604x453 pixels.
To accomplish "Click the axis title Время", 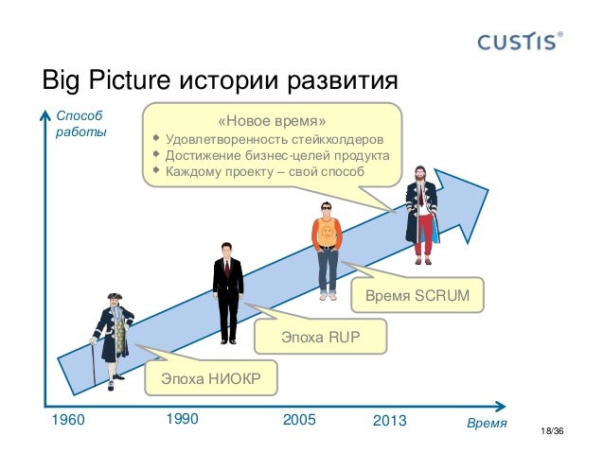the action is tap(488, 422).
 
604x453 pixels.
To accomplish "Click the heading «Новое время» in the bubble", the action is tap(271, 122).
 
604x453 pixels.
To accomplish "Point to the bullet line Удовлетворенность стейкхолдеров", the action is tap(274, 140).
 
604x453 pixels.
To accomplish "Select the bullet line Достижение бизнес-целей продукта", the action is tap(276, 156).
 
